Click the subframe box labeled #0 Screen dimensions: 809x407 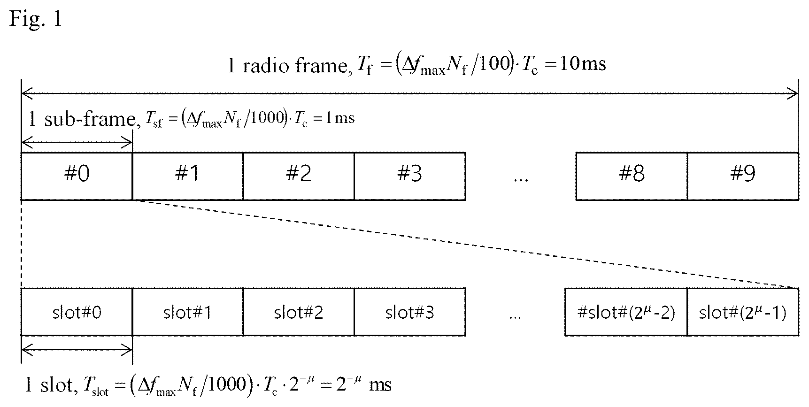77,177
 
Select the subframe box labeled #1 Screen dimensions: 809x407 188,177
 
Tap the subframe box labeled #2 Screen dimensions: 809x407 299,177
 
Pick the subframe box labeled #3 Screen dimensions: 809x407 410,177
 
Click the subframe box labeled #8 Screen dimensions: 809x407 632,177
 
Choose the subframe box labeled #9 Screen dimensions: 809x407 743,177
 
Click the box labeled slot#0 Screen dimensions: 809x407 77,312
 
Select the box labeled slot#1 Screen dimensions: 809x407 188,312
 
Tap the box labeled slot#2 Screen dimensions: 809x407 299,312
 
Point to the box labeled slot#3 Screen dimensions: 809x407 410,312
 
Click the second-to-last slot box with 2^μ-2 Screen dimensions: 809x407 626,312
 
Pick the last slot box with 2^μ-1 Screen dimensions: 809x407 743,312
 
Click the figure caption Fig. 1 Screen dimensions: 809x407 35,19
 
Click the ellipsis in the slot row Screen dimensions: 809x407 515,317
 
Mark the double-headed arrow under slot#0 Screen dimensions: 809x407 77,349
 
